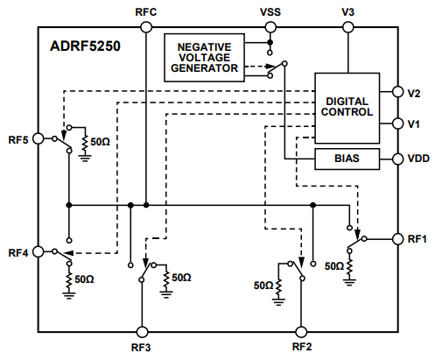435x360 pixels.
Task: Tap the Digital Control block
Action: click(x=348, y=107)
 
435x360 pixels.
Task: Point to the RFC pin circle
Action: click(x=146, y=27)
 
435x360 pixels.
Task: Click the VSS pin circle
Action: click(x=270, y=27)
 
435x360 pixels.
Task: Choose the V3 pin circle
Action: click(x=348, y=27)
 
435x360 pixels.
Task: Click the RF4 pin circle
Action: click(x=38, y=252)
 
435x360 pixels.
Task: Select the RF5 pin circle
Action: click(x=38, y=138)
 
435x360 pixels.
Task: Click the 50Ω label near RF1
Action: click(x=333, y=265)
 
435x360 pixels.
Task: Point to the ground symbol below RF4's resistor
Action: click(x=68, y=295)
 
